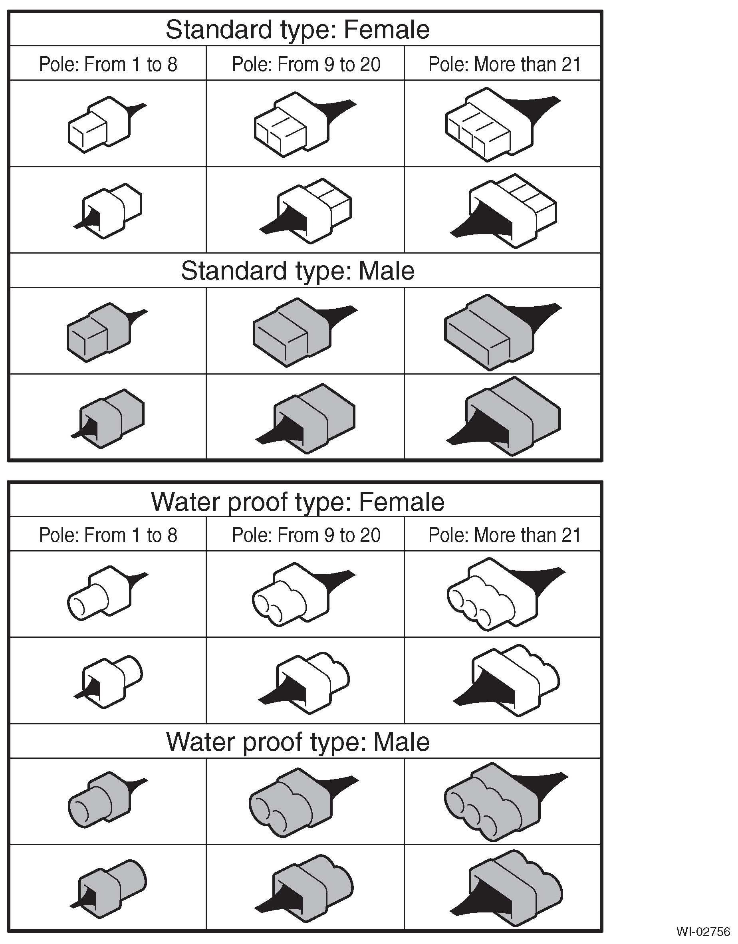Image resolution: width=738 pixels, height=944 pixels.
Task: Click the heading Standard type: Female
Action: [298, 30]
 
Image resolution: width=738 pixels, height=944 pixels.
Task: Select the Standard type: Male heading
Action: [298, 271]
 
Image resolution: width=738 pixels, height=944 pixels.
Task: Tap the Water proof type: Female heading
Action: [298, 502]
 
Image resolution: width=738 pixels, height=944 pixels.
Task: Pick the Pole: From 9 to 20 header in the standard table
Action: [306, 64]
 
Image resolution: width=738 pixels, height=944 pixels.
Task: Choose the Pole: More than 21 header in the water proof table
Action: [504, 535]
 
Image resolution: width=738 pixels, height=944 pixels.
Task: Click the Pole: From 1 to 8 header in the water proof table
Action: [108, 535]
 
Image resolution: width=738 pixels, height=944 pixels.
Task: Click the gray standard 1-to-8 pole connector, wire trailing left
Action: [108, 418]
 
